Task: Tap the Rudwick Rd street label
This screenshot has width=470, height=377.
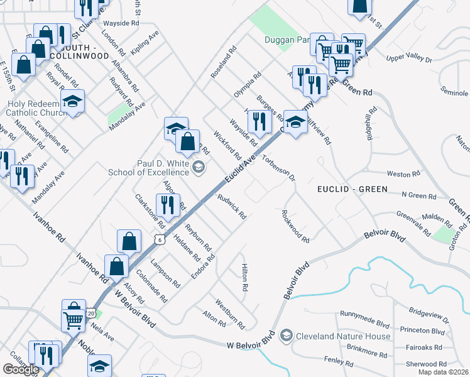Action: click(231, 206)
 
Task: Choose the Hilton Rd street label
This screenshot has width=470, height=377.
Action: click(244, 276)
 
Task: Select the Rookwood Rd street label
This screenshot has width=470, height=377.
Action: click(294, 227)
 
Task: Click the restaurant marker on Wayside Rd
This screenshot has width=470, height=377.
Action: click(258, 122)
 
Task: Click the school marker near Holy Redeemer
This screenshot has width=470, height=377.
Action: click(73, 102)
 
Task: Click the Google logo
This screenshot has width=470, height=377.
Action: click(21, 369)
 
